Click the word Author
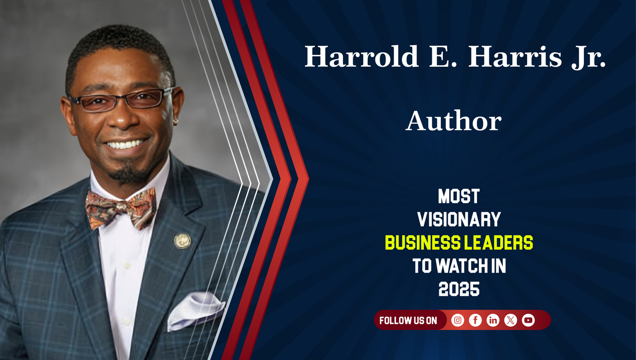453,121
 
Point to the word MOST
459,196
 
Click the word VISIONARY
459,219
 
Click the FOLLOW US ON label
408,321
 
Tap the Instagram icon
458,320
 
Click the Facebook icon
476,320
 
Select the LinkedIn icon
493,320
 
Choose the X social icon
511,320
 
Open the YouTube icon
528,320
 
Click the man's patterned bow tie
121,208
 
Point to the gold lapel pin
182,241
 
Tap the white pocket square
195,309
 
